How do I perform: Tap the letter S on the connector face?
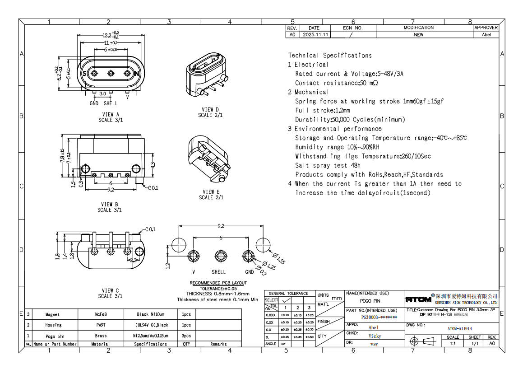click(83, 74)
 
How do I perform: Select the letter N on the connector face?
click(138, 74)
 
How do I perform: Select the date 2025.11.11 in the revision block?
click(315, 34)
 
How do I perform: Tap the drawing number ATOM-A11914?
click(459, 329)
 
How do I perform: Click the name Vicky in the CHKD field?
click(375, 336)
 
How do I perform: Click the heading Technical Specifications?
click(330, 56)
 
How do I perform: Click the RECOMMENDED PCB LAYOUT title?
click(218, 283)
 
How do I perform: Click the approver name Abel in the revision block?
click(486, 34)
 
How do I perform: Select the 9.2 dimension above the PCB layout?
click(221, 225)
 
